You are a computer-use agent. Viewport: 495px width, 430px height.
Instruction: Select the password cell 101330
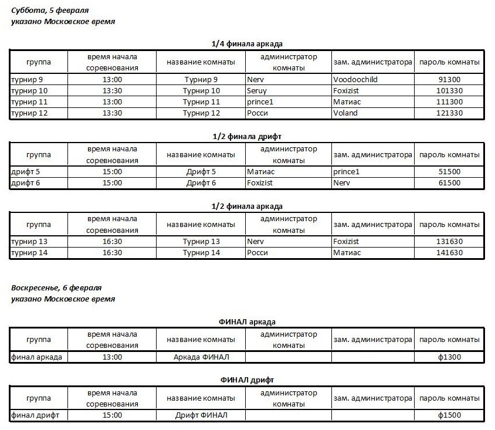tap(449, 91)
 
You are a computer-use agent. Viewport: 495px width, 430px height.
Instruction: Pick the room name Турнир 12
tap(201, 113)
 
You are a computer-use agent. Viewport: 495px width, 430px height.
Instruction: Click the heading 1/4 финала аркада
tap(247, 44)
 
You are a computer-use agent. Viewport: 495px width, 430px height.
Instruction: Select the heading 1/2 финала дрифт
tap(247, 137)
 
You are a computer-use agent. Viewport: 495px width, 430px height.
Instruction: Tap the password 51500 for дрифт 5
tap(449, 172)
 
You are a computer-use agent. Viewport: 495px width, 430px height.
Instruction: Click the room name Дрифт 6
tap(201, 183)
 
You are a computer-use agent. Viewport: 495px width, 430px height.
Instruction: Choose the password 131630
tap(449, 241)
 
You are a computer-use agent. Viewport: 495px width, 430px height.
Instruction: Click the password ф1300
tap(449, 357)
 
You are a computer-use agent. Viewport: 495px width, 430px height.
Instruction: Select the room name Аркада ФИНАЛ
tap(201, 357)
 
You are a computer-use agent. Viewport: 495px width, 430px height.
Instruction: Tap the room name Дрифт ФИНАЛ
tap(201, 415)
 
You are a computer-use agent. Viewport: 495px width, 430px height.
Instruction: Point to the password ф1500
tap(449, 415)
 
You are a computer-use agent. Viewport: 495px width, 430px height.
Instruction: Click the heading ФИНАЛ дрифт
tap(247, 380)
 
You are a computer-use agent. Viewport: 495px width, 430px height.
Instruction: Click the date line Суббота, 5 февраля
tap(51, 11)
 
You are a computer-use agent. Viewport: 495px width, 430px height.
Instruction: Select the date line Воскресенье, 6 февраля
tap(56, 288)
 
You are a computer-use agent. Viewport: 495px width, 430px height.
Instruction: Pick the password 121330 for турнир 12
tap(449, 113)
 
